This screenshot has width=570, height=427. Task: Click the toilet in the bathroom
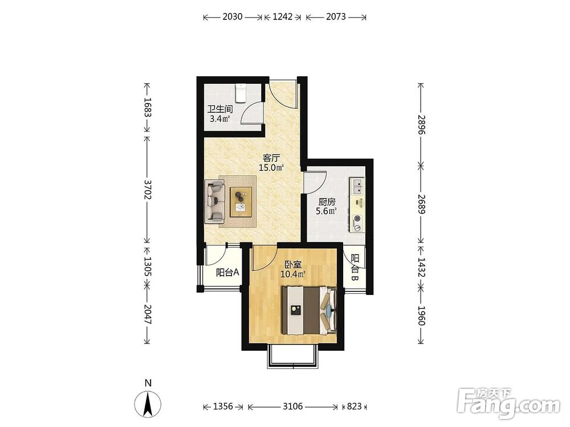coord(241,93)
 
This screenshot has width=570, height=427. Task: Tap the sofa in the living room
coord(215,202)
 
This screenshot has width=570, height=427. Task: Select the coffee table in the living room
coord(241,202)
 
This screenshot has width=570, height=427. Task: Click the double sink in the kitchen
coord(357,187)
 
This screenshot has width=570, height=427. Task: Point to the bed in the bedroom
coord(310,310)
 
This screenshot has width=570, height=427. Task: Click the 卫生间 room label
coord(220,109)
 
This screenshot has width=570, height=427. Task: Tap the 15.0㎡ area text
coord(271,168)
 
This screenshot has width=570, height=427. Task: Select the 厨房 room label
coord(327,202)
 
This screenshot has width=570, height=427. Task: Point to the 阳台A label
coord(227,272)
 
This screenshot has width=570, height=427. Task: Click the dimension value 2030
coord(233,17)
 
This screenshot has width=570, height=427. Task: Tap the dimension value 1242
coord(283,17)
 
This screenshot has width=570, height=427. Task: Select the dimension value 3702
coord(147,189)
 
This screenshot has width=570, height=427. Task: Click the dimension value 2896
coord(421,125)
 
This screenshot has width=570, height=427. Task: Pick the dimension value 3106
coord(292,407)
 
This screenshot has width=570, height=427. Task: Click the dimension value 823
coord(355,407)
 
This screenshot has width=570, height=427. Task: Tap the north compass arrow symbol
coord(148,404)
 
